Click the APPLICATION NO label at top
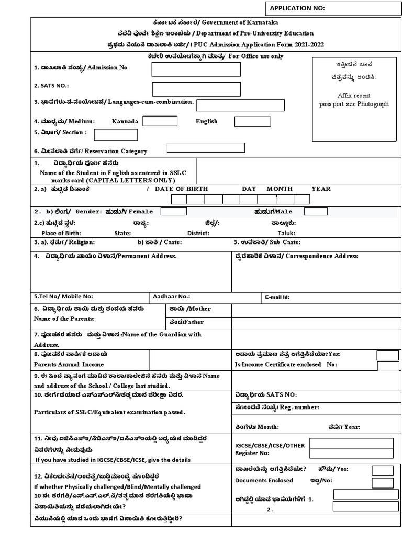pos(297,8)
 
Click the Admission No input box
pos(196,69)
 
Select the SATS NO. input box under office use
pos(196,89)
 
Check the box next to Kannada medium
pos(160,121)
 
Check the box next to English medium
pos(252,121)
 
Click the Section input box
pos(116,134)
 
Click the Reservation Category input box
pos(205,147)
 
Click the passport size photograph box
pos(354,98)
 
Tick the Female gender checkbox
pos(173,211)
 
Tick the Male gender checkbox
pos(316,211)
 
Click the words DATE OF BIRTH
pos(181,189)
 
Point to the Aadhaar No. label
pos(171,296)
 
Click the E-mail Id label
pos(277,297)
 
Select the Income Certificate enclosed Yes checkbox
pos(387,355)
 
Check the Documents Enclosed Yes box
pos(382,470)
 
